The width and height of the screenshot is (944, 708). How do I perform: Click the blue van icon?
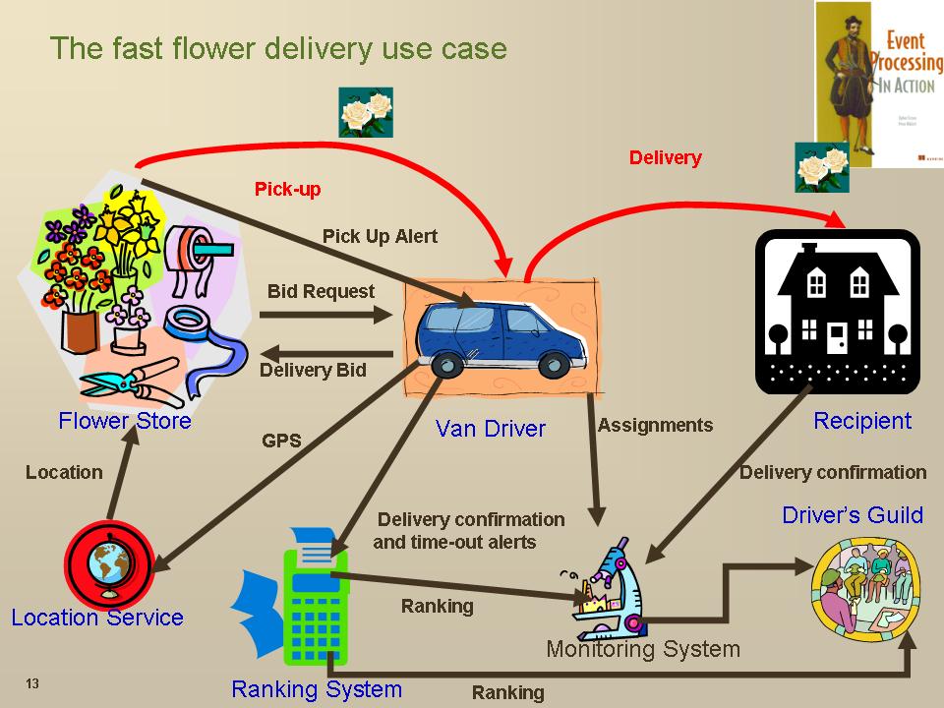(x=501, y=340)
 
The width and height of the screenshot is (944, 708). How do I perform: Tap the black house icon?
(x=837, y=310)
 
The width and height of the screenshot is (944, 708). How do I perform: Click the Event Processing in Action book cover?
(x=879, y=83)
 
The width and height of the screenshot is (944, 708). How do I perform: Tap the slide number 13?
(x=32, y=684)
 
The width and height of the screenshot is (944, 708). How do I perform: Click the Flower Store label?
(x=125, y=421)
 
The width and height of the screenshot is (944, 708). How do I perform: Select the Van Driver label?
(x=490, y=428)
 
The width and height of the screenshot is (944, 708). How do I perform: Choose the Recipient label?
(x=862, y=421)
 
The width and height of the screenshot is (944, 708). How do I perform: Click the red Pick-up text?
(x=287, y=189)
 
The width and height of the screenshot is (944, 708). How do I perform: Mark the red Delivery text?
(x=665, y=157)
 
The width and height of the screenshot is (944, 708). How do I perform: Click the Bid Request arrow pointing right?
(x=325, y=315)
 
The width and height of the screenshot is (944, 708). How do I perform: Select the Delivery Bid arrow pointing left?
(x=325, y=352)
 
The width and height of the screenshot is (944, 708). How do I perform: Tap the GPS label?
(x=281, y=441)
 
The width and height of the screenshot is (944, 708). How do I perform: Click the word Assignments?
(x=655, y=425)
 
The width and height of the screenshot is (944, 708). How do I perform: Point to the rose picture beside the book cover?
(x=821, y=166)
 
